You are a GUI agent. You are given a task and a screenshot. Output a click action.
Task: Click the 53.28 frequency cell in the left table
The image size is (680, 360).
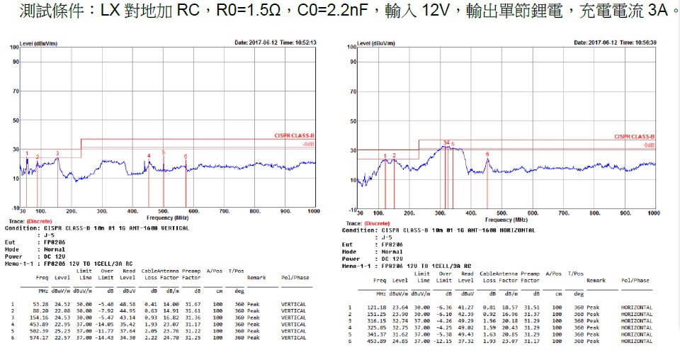pyautogui.click(x=40, y=304)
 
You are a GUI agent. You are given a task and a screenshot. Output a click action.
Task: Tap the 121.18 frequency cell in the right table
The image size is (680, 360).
pyautogui.click(x=377, y=307)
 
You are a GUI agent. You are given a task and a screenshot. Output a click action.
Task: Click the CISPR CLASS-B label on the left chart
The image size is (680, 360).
pyautogui.click(x=295, y=135)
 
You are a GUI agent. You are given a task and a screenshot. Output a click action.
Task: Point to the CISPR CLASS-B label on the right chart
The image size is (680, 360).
pyautogui.click(x=634, y=136)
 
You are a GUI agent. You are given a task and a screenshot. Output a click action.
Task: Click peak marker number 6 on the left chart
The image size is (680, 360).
pyautogui.click(x=186, y=157)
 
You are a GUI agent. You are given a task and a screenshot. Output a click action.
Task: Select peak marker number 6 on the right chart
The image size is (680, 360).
pyautogui.click(x=487, y=154)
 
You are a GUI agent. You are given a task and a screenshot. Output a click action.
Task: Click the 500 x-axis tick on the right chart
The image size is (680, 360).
pyautogui.click(x=501, y=213)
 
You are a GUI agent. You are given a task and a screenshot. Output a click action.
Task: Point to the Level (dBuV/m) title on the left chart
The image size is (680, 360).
pyautogui.click(x=38, y=43)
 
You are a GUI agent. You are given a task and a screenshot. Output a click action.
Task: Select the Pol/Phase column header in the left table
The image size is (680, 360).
pyautogui.click(x=295, y=278)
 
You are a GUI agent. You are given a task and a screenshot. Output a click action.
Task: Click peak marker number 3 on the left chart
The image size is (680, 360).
pyautogui.click(x=57, y=153)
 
